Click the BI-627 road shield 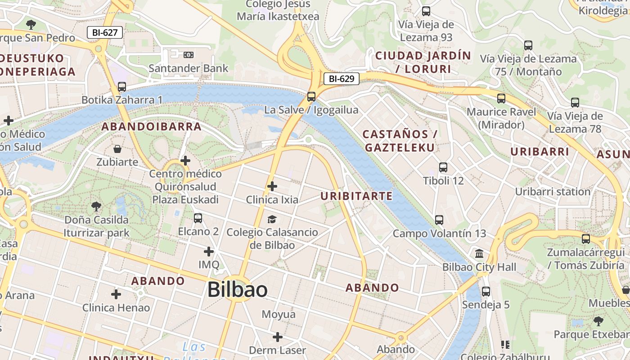tap(104, 32)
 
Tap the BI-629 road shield tap(342, 79)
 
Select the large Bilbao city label tap(238, 290)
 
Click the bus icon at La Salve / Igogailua tap(311, 96)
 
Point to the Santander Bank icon tap(188, 54)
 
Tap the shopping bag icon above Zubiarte tap(117, 148)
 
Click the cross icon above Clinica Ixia tap(272, 186)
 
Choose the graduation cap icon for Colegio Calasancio tap(272, 219)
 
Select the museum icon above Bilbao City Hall tap(479, 253)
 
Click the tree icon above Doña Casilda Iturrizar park tap(96, 207)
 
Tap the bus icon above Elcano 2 tap(198, 218)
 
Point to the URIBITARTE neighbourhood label tap(356, 196)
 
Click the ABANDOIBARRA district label tap(151, 126)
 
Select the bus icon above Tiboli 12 tap(443, 167)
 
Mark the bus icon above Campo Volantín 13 tap(439, 220)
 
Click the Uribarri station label tap(553, 192)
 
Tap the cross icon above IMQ tap(209, 251)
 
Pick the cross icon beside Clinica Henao tap(116, 294)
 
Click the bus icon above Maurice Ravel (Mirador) tap(501, 99)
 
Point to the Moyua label tap(279, 314)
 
